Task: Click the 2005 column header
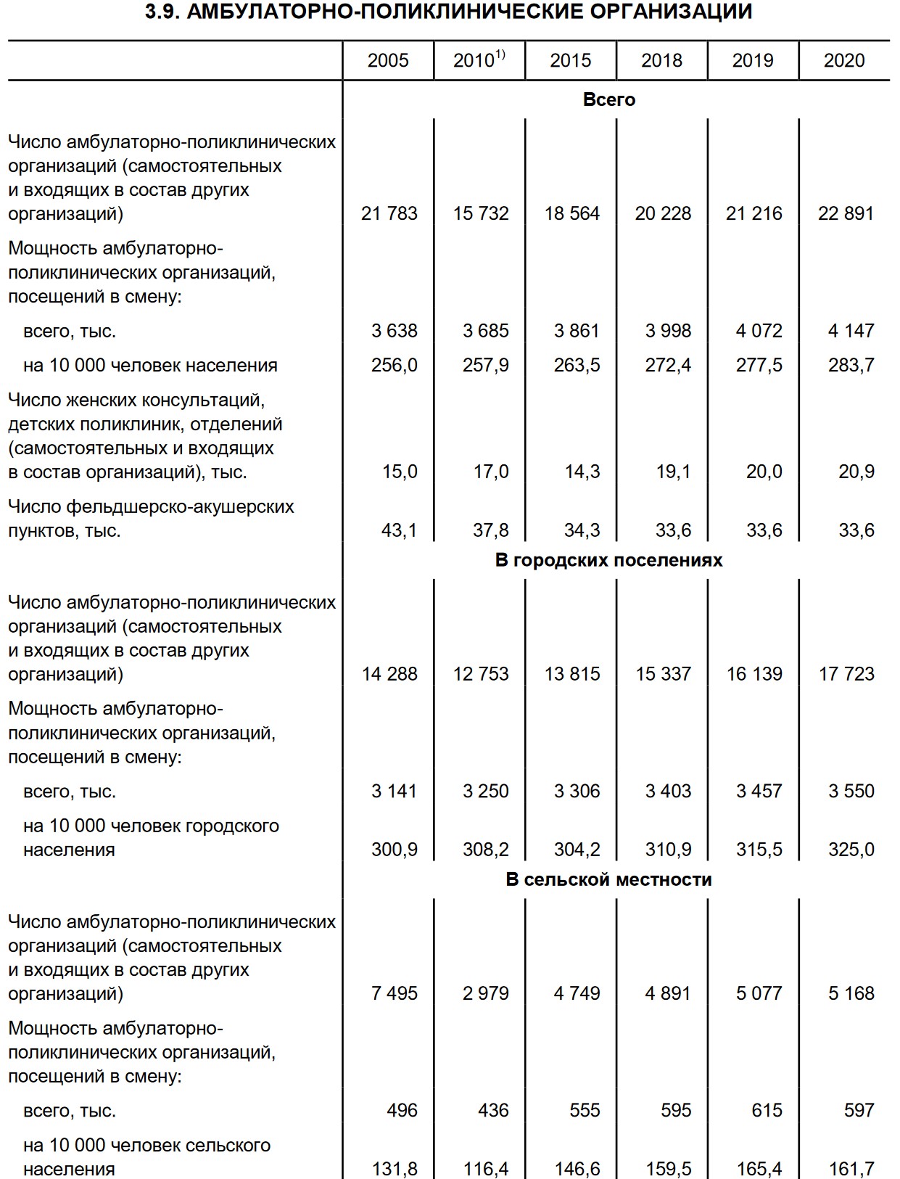(388, 60)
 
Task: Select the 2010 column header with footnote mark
(479, 60)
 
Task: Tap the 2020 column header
(844, 60)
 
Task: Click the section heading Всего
(609, 99)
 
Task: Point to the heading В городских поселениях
(609, 560)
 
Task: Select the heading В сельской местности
(609, 879)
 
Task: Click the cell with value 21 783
(389, 213)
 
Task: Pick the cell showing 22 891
(846, 213)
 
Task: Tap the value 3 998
(668, 331)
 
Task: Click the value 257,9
(486, 365)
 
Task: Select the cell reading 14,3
(582, 472)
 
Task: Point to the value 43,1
(400, 530)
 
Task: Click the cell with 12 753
(481, 674)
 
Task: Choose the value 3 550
(851, 791)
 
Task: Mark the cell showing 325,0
(851, 849)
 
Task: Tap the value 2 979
(486, 993)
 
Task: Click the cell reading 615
(767, 1110)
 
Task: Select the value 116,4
(486, 1169)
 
